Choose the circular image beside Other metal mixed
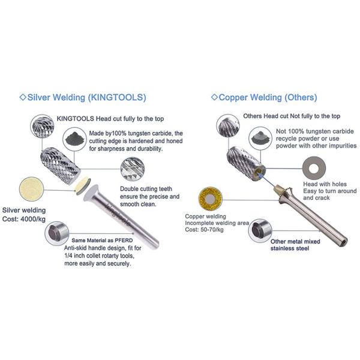(259, 230)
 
